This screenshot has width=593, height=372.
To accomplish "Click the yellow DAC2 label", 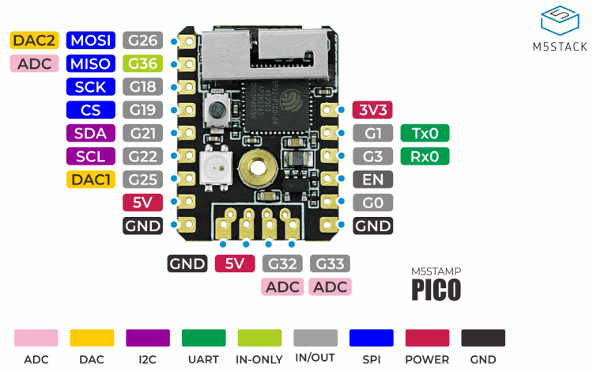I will click(x=35, y=40).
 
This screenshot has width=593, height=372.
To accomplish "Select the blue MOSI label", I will click(x=92, y=40).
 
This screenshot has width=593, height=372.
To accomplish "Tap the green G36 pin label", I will click(x=143, y=63).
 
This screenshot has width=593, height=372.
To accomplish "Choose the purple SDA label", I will click(x=92, y=133).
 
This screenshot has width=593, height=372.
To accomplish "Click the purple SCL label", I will click(x=92, y=156).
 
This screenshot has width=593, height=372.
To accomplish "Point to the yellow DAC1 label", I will click(x=92, y=180).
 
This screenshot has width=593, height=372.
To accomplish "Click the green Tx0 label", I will click(x=425, y=133).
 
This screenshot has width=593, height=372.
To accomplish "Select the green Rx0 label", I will click(x=425, y=156).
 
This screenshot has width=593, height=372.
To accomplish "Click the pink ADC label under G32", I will click(x=283, y=287).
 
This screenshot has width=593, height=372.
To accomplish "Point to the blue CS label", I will click(x=92, y=110).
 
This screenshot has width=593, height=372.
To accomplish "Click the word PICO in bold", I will click(x=436, y=289).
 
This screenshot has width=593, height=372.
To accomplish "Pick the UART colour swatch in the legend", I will click(x=203, y=338).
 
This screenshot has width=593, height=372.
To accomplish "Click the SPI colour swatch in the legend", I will click(x=372, y=338).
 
